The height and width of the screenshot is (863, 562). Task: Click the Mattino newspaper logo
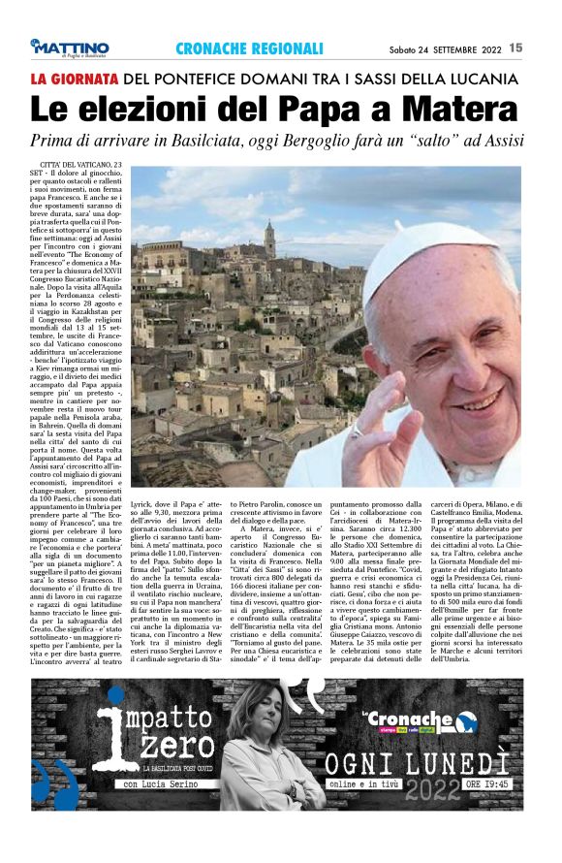69,48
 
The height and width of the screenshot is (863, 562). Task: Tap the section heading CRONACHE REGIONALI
249,48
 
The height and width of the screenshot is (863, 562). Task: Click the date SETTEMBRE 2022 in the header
460,48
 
